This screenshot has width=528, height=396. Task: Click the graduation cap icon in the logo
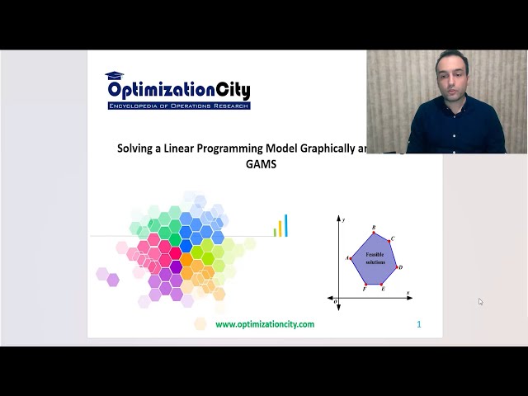point(114,77)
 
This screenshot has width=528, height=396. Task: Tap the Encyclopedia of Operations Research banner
point(178,106)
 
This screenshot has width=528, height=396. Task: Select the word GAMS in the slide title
point(260,164)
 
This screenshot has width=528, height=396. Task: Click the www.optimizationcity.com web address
point(265,324)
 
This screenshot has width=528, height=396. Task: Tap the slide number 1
point(419,324)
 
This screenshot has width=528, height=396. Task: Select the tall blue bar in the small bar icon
point(286,225)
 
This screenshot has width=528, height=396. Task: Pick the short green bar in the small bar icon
point(275,233)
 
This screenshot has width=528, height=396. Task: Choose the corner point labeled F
point(366,285)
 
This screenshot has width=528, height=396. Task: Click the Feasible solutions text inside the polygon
point(375,258)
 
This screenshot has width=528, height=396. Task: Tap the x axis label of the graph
point(408,293)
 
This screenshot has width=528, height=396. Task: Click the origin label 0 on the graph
point(335,302)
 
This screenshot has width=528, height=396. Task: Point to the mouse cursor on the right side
point(480,302)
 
